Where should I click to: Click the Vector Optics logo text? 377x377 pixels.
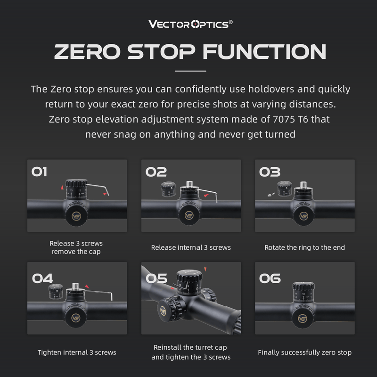pyautogui.click(x=188, y=25)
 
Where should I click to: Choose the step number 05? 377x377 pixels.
pyautogui.click(x=157, y=278)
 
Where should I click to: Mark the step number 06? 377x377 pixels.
pyautogui.click(x=270, y=278)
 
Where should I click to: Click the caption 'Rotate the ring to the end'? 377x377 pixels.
pyautogui.click(x=304, y=247)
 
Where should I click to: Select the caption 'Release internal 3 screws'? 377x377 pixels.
pyautogui.click(x=191, y=247)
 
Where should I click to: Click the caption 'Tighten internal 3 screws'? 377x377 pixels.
pyautogui.click(x=77, y=352)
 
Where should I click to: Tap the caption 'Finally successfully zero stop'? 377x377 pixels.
pyautogui.click(x=304, y=352)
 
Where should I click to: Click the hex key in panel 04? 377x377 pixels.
pyautogui.click(x=101, y=294)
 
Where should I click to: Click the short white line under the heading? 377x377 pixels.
pyautogui.click(x=190, y=71)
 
